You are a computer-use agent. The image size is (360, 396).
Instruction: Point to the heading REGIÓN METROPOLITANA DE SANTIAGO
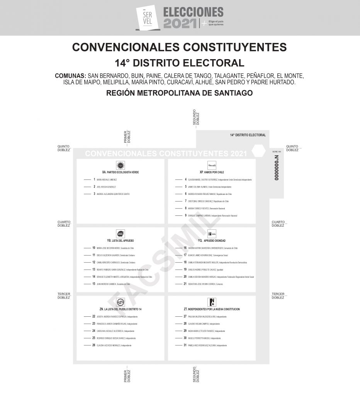click(x=180, y=93)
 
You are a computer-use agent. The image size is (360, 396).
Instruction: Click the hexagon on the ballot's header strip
click(x=258, y=152)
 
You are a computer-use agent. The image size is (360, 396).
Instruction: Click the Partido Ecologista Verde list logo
click(x=120, y=165)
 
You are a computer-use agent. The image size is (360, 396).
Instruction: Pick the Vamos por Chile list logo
click(x=212, y=165)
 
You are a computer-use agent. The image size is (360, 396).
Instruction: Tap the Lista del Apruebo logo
click(x=120, y=234)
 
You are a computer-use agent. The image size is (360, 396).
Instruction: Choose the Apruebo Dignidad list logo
click(x=212, y=234)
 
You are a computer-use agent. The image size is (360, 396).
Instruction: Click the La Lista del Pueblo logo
click(x=120, y=302)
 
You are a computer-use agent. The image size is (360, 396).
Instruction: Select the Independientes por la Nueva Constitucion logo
click(x=212, y=302)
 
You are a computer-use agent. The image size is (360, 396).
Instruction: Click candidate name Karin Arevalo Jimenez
click(x=107, y=180)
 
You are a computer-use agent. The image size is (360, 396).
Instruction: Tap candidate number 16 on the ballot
click(x=185, y=248)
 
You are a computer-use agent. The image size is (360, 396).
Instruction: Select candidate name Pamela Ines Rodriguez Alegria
click(x=202, y=345)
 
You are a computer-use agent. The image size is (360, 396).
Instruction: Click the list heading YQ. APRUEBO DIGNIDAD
click(x=212, y=241)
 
